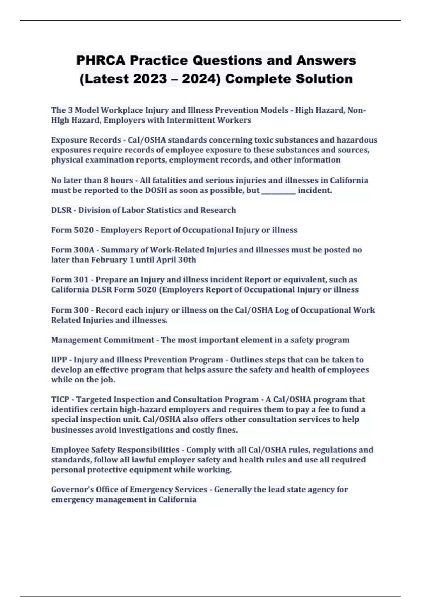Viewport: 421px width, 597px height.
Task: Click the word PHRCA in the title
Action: tap(100, 60)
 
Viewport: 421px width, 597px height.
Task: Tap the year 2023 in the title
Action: tap(150, 79)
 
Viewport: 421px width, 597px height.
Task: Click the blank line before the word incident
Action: tap(279, 191)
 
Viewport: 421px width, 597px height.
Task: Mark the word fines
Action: tap(227, 430)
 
